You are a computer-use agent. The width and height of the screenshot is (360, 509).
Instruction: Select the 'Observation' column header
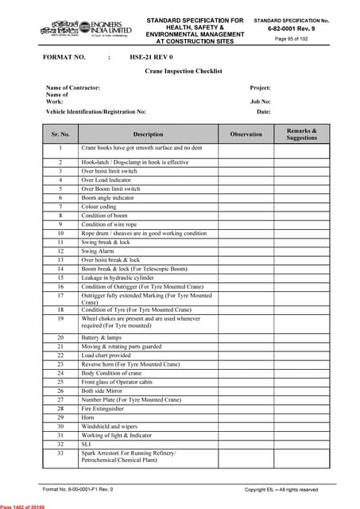246,134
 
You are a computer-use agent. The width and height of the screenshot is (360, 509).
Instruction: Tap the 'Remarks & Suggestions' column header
301,134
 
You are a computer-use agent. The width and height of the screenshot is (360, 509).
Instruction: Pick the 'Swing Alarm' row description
99,251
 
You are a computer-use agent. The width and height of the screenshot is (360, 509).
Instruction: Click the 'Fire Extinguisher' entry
103,409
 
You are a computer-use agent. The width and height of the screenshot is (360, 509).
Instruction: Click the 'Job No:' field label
261,102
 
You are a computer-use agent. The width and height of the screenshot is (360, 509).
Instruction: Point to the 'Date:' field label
264,112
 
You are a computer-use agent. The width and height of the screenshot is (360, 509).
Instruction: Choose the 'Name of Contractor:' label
73,87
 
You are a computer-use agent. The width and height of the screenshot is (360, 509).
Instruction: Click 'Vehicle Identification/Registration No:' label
96,112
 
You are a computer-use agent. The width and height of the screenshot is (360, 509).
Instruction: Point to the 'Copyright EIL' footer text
281,490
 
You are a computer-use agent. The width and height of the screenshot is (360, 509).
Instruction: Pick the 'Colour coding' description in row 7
99,206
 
